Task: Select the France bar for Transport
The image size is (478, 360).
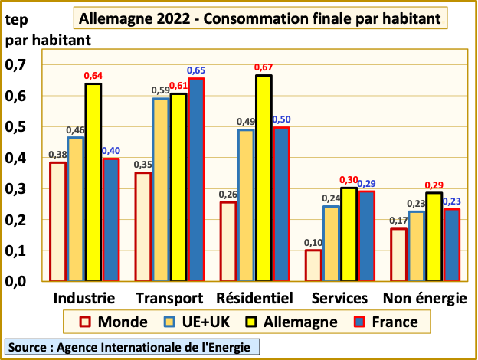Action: (x=196, y=179)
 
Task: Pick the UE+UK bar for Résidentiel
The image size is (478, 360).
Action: (x=246, y=205)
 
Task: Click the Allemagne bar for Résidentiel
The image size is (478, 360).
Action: (x=263, y=178)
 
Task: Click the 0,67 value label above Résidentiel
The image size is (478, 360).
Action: (x=264, y=67)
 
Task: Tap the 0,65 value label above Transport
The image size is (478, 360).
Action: (x=197, y=70)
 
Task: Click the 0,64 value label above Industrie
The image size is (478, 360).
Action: (x=93, y=75)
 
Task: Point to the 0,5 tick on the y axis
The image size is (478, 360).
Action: (x=17, y=127)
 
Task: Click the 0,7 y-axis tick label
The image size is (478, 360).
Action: (x=17, y=65)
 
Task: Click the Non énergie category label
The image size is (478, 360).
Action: (x=425, y=298)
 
